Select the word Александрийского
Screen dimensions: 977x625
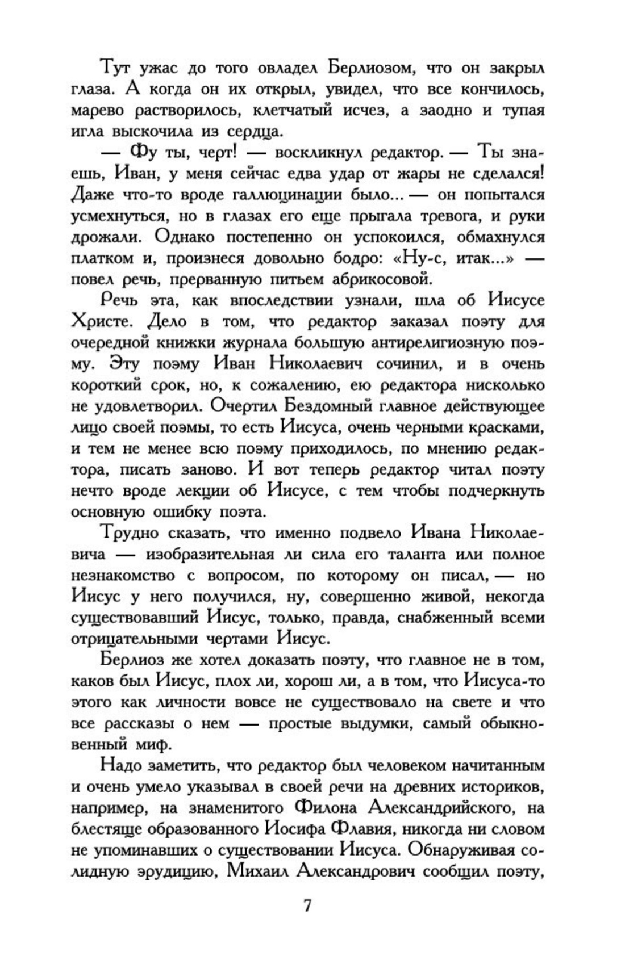pyautogui.click(x=443, y=807)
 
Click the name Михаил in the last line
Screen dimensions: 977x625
pyautogui.click(x=256, y=871)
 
